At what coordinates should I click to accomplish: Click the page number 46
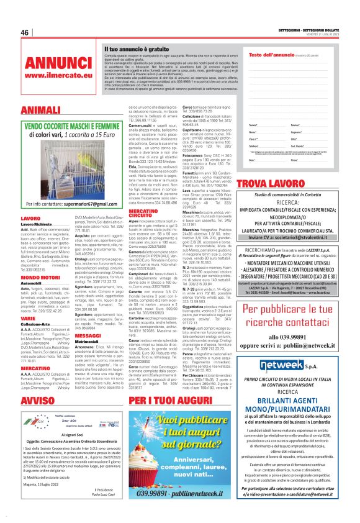click(x=25, y=32)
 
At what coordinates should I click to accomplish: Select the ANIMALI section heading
click(x=39, y=110)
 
